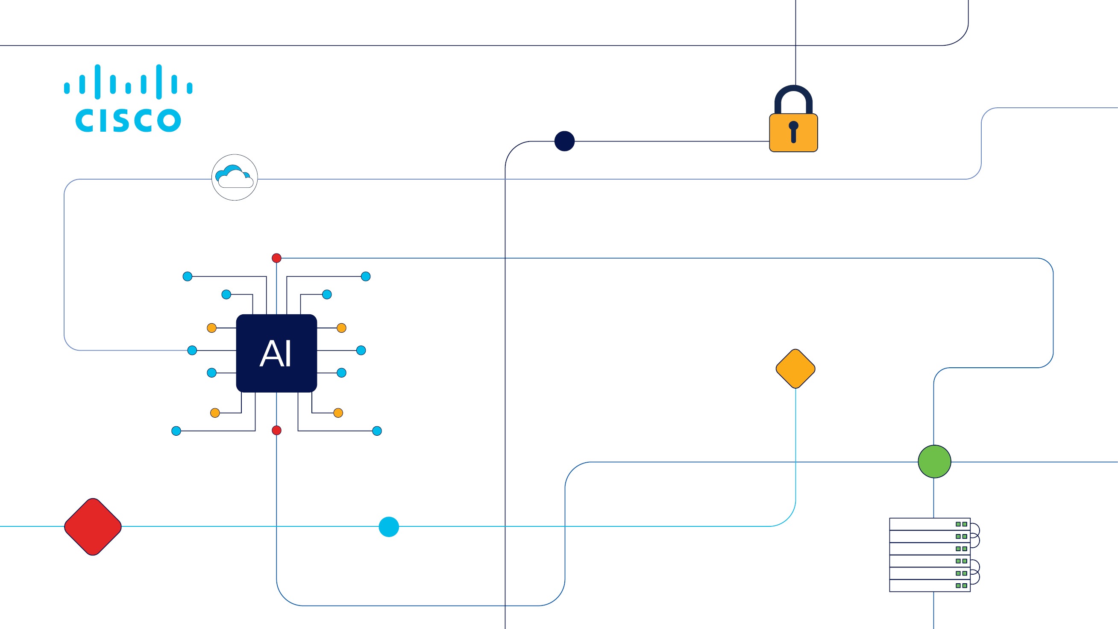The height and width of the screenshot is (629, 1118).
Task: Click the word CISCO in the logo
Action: coord(128,120)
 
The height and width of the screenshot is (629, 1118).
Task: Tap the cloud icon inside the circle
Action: coord(235,177)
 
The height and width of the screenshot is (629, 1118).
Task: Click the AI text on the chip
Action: coord(276,354)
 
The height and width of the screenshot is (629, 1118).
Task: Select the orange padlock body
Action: coord(793,133)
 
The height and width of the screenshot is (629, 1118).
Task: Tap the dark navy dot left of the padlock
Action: coord(564,141)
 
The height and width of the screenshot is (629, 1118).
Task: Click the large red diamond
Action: coord(93,526)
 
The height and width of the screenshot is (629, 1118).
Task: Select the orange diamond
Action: coord(795,368)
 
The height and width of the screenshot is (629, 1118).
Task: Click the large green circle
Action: coord(934,461)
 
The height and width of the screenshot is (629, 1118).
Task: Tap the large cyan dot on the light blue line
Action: coord(388,526)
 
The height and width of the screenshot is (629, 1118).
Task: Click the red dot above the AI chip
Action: coord(276,258)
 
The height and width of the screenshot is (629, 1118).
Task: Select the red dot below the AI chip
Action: coord(276,430)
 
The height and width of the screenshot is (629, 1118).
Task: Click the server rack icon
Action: coord(930,555)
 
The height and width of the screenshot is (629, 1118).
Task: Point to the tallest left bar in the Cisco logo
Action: coord(98,82)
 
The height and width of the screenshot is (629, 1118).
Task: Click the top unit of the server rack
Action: coord(930,524)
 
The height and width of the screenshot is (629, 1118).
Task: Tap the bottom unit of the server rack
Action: coord(930,585)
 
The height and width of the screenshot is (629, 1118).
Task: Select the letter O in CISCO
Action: coord(169,120)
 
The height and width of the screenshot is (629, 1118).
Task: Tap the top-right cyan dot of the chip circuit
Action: coord(365,276)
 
